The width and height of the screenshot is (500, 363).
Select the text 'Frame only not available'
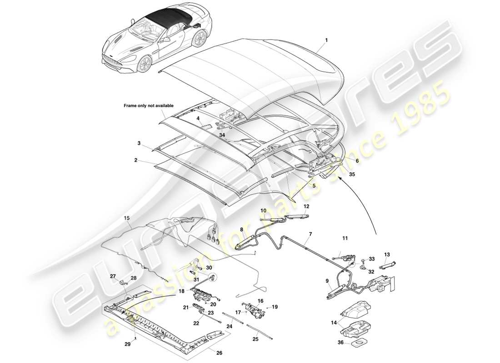pyautogui.click(x=149, y=106)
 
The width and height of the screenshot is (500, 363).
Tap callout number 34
pyautogui.click(x=221, y=134)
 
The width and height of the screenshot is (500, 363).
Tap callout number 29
pyautogui.click(x=127, y=344)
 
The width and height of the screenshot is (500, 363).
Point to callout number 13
pyautogui.click(x=387, y=254)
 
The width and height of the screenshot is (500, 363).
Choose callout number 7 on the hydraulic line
pyautogui.click(x=310, y=234)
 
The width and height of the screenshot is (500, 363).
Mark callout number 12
pyautogui.click(x=306, y=206)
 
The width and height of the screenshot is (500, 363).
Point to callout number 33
pyautogui.click(x=372, y=259)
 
